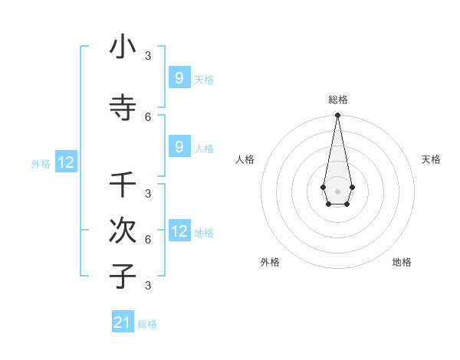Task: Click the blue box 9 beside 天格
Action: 179,77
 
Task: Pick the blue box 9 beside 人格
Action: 179,146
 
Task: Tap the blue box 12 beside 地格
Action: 179,231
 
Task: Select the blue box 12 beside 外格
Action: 66,162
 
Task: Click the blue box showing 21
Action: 123,322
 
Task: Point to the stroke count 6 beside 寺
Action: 148,116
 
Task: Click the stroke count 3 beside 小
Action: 148,55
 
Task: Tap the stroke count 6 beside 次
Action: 148,239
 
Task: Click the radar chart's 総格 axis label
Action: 337,100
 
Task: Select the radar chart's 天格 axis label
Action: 431,159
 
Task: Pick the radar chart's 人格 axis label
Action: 245,159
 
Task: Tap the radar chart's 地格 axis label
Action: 402,262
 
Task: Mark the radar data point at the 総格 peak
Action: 337,116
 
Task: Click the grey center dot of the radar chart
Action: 337,191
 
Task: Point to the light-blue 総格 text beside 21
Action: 147,324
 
